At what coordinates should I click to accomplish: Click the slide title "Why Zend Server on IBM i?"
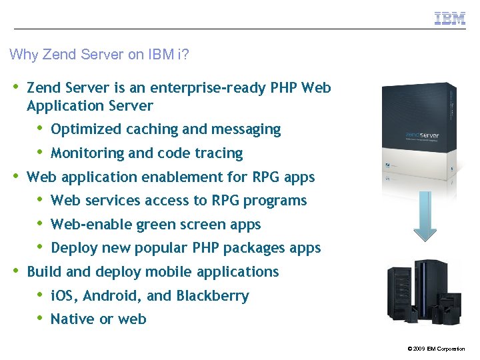[x=99, y=55]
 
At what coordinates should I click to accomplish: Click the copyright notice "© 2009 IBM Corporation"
[x=436, y=349]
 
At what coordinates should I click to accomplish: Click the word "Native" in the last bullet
[x=71, y=319]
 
